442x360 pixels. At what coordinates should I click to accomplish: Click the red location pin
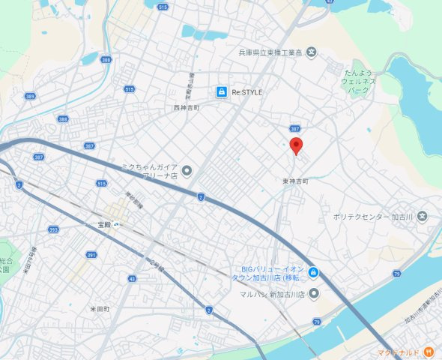click(x=296, y=145)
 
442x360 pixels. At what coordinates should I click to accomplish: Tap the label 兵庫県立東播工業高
click(x=270, y=52)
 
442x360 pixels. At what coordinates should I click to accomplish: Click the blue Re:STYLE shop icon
click(x=221, y=91)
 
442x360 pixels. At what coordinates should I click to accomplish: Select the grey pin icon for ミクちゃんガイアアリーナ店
click(x=187, y=171)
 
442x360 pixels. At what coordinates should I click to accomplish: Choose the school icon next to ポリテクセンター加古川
click(x=423, y=217)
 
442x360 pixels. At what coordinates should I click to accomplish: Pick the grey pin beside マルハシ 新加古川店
click(x=314, y=293)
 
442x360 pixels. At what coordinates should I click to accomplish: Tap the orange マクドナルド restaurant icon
click(x=428, y=351)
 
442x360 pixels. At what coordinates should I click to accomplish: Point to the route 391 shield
click(x=91, y=255)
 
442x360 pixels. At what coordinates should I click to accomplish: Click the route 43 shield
click(x=133, y=279)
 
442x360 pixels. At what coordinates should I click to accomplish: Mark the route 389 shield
click(x=30, y=96)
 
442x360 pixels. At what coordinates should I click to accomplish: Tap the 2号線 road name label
click(x=156, y=265)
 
